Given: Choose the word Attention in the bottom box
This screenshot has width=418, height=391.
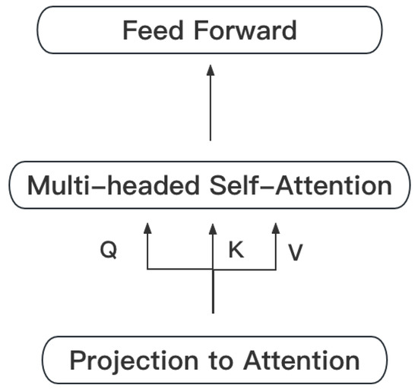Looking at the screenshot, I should (292, 360).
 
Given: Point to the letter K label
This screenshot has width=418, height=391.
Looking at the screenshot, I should (236, 251).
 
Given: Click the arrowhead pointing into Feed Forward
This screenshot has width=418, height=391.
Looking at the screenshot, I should (212, 71).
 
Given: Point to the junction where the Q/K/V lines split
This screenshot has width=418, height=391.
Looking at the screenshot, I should (212, 269).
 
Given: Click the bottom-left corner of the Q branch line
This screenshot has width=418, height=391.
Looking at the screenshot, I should (148, 269).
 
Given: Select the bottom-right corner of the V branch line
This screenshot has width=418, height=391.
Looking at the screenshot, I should (277, 269).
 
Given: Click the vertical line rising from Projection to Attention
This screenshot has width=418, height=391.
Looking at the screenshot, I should (212, 296).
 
